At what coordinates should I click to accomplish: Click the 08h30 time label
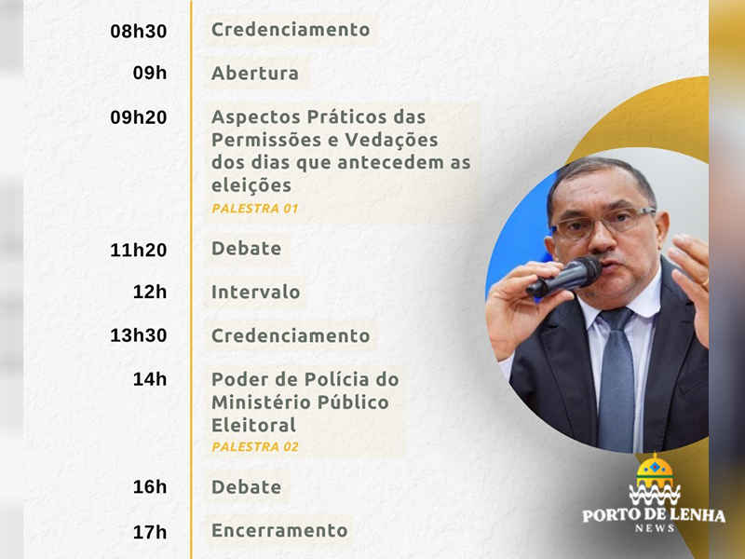click(x=139, y=32)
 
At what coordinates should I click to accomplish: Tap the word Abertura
click(x=255, y=74)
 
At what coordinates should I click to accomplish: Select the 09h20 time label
click(x=139, y=117)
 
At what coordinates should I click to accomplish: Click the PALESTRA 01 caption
click(x=255, y=208)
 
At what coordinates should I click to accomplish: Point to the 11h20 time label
click(x=139, y=250)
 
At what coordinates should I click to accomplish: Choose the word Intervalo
click(x=255, y=292)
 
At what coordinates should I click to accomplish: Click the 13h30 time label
click(x=139, y=335)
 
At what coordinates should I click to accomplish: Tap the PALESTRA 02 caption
click(x=255, y=447)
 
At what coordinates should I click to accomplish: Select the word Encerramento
click(x=279, y=530)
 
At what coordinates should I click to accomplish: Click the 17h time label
click(x=150, y=532)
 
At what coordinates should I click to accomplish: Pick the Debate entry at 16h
click(x=246, y=487)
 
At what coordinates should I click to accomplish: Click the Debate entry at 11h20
click(x=246, y=249)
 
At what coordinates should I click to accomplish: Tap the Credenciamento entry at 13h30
click(x=291, y=335)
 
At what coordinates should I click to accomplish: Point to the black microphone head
click(x=586, y=271)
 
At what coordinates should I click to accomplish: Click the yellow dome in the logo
click(x=655, y=469)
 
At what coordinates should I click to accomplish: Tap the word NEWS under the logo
click(x=655, y=528)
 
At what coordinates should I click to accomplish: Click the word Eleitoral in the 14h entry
click(x=253, y=425)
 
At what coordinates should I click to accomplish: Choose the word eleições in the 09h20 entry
click(x=251, y=185)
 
